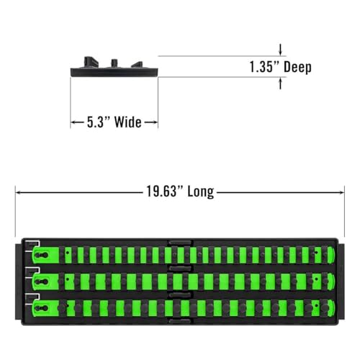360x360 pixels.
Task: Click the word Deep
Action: coord(297,67)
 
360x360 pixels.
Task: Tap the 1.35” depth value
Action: coord(264,66)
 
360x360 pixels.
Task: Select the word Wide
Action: coord(127,122)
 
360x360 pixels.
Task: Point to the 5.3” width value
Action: coord(98,122)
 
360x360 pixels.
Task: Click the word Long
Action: coord(201,192)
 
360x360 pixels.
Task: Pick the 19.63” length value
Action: coord(165,192)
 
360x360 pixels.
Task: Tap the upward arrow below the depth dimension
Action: coord(280,84)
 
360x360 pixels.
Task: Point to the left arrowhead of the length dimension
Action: coord(18,192)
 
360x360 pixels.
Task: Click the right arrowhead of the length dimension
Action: coord(341,192)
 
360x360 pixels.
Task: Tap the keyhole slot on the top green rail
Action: coord(41,255)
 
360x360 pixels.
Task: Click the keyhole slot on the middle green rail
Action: coord(41,282)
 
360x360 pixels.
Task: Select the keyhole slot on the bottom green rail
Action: coord(41,308)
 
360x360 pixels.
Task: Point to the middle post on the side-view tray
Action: coord(114,63)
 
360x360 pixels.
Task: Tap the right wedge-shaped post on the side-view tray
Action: coord(137,65)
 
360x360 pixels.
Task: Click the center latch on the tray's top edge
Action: coord(180,243)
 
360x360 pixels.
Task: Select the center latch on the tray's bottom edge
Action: coord(180,321)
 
